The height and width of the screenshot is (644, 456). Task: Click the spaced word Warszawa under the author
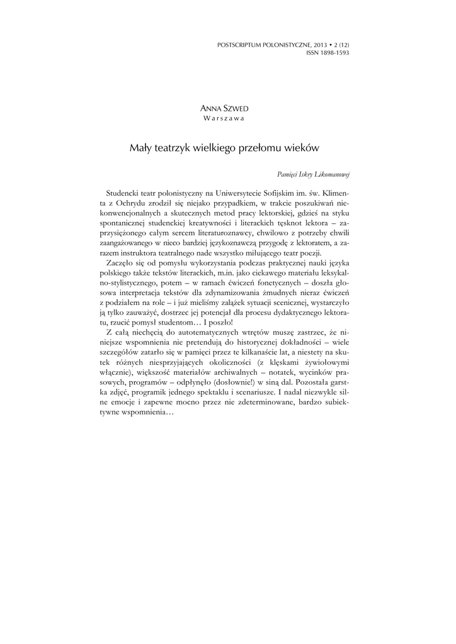224,118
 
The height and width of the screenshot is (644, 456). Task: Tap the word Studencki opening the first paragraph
125,194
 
